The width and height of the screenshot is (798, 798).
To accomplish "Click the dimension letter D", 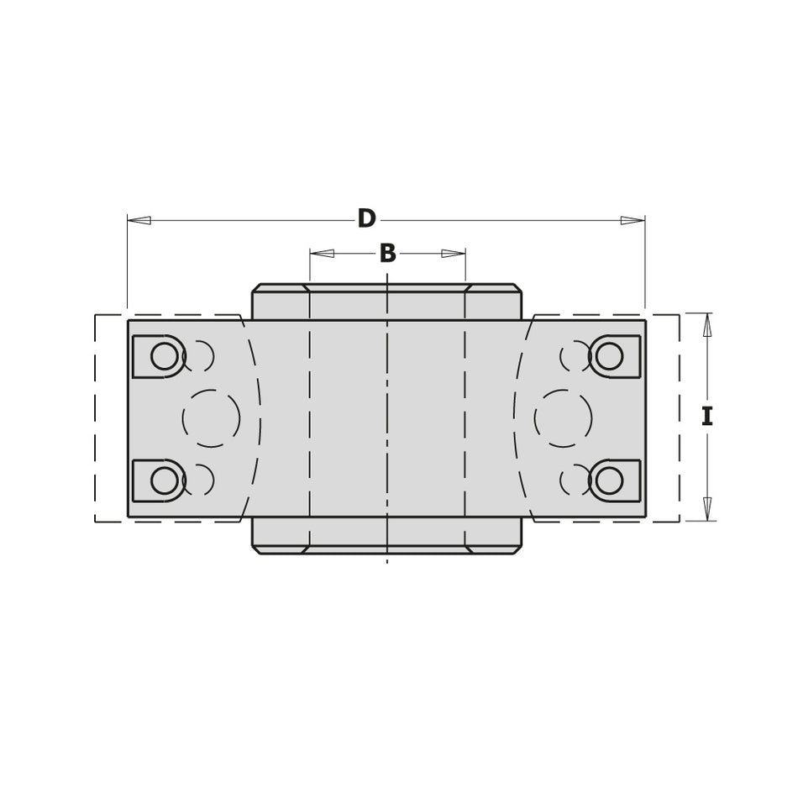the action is pos(366,218).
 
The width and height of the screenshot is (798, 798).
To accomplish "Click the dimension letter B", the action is pos(388,253).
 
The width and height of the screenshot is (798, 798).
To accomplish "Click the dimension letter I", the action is pos(707,417).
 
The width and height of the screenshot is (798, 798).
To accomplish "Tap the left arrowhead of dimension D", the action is pos(139,220).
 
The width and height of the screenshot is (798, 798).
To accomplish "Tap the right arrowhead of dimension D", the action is pos(633,220).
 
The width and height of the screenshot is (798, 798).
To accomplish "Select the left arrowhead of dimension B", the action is pos(323,253).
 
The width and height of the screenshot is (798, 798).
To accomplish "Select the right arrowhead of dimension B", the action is pos(453,253).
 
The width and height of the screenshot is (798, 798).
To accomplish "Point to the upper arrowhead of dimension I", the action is pos(707,325).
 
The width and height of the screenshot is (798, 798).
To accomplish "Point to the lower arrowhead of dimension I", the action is pos(707,509).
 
